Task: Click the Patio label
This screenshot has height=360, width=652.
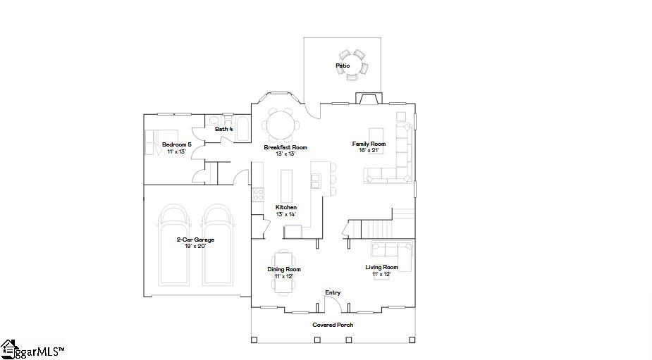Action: [343, 66]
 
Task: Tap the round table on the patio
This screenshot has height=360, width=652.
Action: [352, 63]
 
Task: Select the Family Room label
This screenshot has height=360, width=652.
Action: [369, 144]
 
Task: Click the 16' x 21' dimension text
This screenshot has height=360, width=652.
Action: [369, 151]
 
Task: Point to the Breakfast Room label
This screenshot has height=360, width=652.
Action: [285, 147]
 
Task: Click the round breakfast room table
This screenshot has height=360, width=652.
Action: [281, 125]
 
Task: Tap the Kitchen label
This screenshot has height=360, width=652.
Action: [286, 207]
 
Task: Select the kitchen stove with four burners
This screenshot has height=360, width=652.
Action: [258, 194]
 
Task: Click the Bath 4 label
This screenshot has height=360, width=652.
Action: [223, 129]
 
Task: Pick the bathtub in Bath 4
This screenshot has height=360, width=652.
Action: [242, 128]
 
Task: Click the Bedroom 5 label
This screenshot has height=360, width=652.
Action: [177, 144]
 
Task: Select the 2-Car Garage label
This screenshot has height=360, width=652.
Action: [195, 240]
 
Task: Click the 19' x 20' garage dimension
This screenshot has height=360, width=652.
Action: [195, 246]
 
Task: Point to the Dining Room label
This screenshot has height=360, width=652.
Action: [284, 269]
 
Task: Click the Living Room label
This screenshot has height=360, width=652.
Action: [382, 267]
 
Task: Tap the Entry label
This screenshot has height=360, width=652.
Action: [333, 292]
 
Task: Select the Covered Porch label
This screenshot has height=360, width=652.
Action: [333, 325]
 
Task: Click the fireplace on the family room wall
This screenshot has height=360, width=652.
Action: [369, 98]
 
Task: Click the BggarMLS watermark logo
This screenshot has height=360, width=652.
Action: [32, 350]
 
